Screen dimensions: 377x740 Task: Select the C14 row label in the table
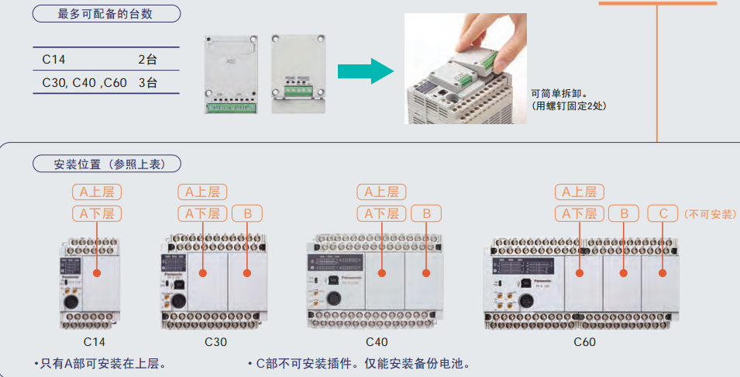55,59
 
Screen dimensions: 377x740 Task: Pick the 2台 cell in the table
147,59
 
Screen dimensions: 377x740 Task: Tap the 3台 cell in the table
147,82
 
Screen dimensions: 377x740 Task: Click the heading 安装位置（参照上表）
106,164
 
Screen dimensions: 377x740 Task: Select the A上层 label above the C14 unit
97,192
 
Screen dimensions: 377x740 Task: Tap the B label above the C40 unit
426,213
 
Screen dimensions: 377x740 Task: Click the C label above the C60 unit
663,213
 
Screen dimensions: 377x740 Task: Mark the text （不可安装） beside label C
709,213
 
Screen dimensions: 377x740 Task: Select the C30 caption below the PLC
216,341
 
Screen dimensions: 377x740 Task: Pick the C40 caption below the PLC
377,341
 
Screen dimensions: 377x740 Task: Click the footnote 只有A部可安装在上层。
101,362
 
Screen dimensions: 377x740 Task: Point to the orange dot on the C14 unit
97,272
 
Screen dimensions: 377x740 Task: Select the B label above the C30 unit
247,213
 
